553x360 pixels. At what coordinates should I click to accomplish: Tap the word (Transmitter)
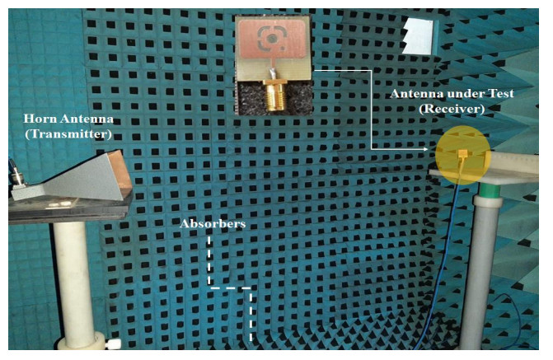coord(68,134)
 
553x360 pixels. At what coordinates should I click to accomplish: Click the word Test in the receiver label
coord(499,94)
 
